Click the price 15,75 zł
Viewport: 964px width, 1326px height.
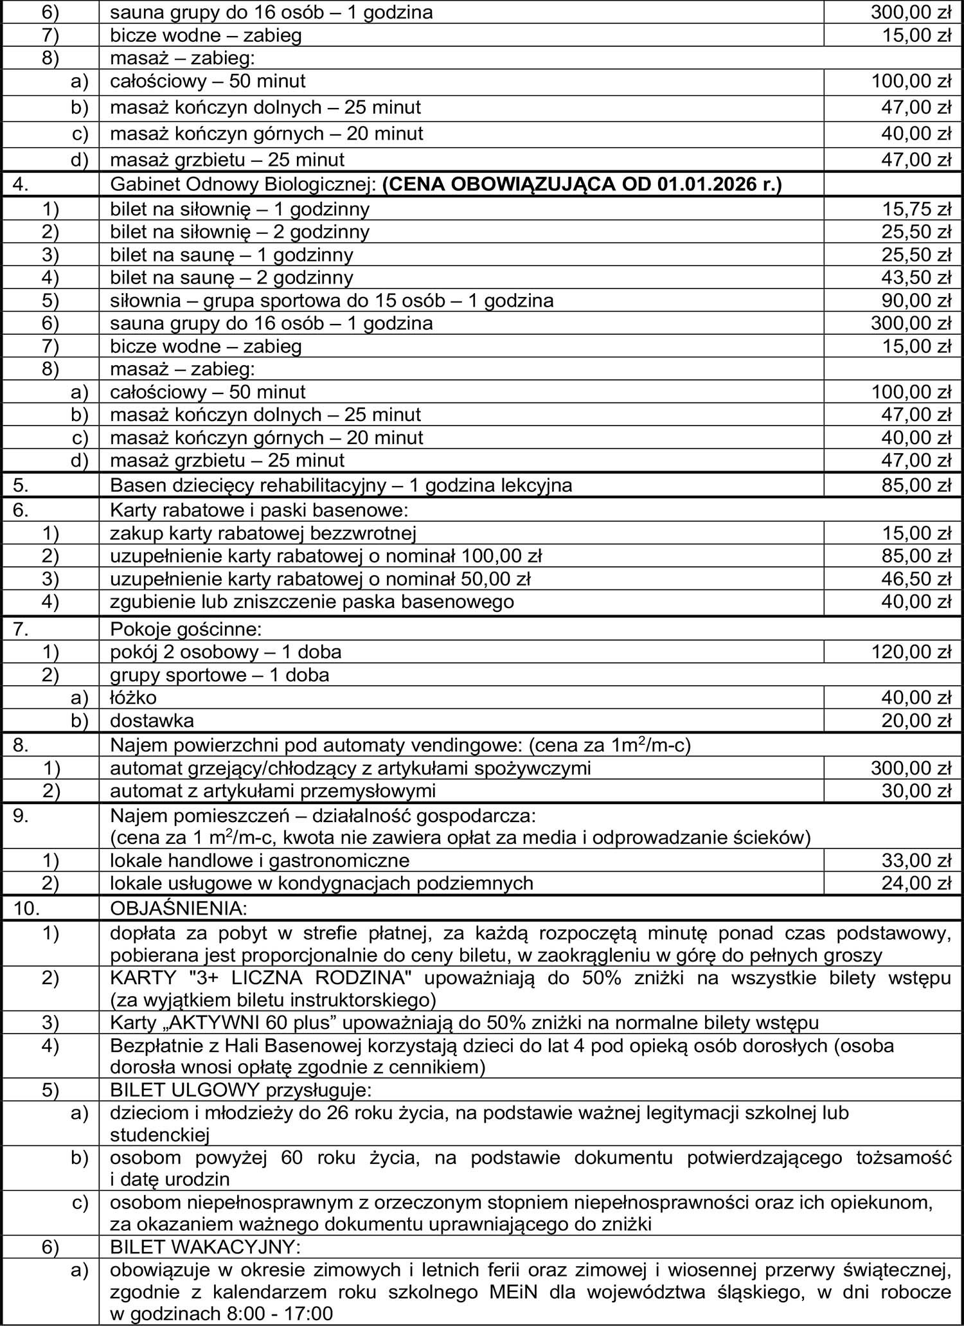(x=916, y=209)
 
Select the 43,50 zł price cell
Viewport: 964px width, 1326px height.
(x=916, y=278)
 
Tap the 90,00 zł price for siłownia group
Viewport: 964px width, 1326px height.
(x=916, y=300)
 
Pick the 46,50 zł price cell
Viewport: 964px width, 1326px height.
(x=916, y=579)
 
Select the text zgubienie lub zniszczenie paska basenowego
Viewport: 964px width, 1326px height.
(x=312, y=602)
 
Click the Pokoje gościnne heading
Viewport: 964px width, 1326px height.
(x=186, y=629)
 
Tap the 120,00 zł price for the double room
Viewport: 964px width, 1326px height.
(x=911, y=652)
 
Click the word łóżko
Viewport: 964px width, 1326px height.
(x=133, y=697)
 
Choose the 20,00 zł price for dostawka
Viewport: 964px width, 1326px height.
(x=916, y=721)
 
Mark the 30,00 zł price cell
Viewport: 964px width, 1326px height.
(x=916, y=791)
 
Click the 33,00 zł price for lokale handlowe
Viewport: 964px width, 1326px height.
(x=916, y=860)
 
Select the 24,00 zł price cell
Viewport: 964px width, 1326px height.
(x=916, y=883)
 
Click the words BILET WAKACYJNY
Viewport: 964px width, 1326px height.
(x=205, y=1247)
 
